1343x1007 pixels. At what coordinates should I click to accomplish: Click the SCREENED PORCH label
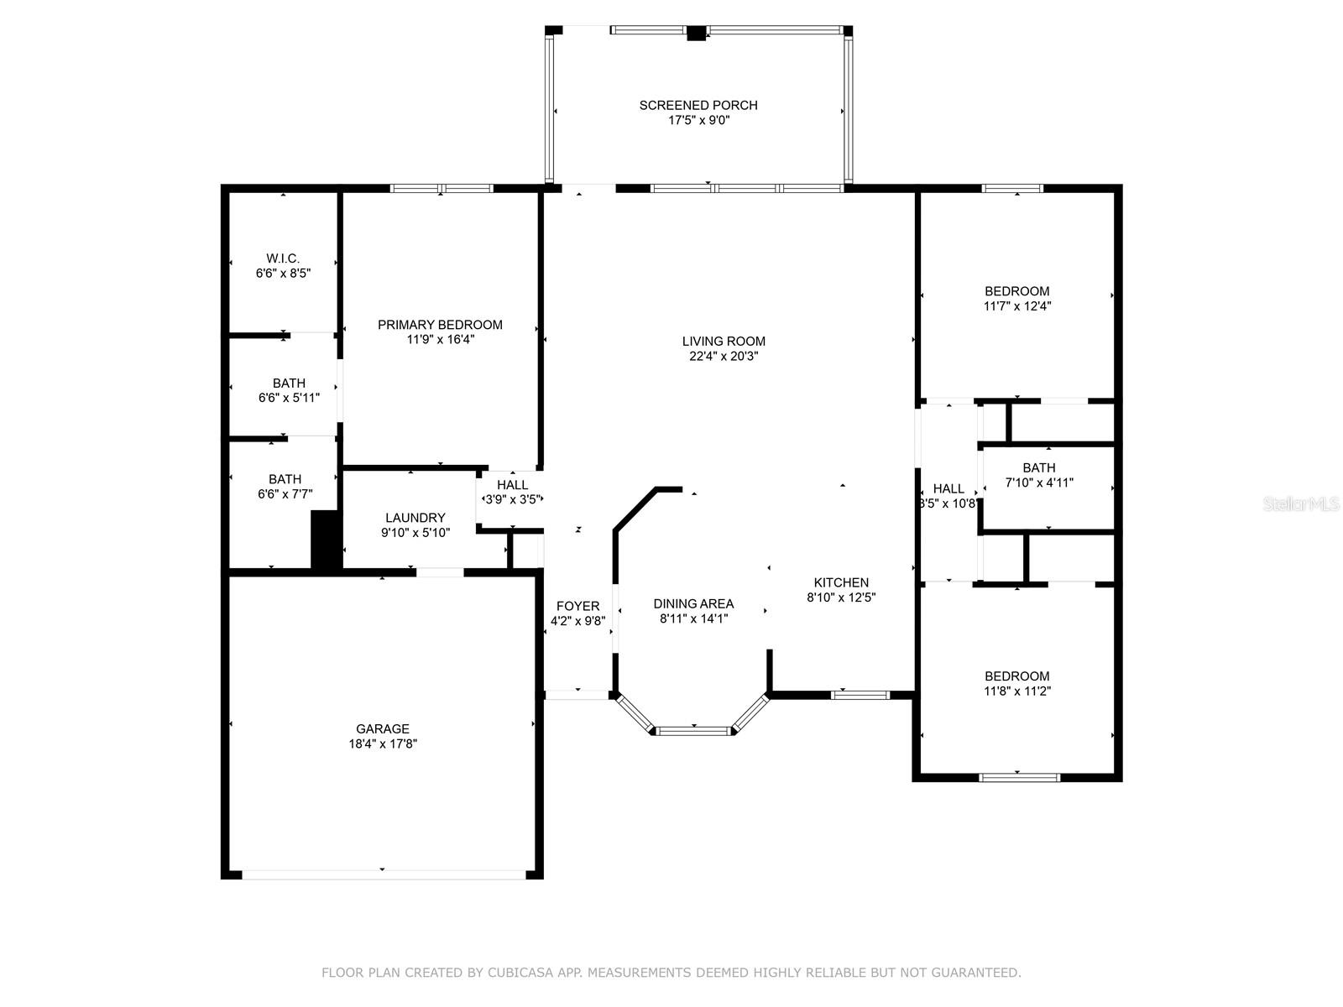pyautogui.click(x=698, y=105)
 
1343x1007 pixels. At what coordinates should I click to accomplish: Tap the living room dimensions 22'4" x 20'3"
pyautogui.click(x=724, y=356)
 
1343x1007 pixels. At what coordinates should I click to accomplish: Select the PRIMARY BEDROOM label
pyautogui.click(x=440, y=325)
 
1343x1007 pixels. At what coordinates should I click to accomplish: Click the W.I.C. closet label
pyautogui.click(x=283, y=258)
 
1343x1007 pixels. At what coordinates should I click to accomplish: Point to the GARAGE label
pyautogui.click(x=383, y=729)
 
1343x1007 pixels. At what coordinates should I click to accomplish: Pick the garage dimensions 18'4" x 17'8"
pyautogui.click(x=383, y=744)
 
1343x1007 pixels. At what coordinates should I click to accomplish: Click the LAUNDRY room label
pyautogui.click(x=415, y=518)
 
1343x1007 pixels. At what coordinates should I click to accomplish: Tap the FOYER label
pyautogui.click(x=577, y=606)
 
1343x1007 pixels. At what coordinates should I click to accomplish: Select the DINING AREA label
pyautogui.click(x=693, y=603)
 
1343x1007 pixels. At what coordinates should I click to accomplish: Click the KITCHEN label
pyautogui.click(x=841, y=582)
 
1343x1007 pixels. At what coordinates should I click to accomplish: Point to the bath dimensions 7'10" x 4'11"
pyautogui.click(x=1039, y=483)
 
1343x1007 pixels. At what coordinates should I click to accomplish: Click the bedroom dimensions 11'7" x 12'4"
pyautogui.click(x=1017, y=306)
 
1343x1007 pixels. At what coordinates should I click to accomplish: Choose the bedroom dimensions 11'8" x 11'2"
pyautogui.click(x=1017, y=691)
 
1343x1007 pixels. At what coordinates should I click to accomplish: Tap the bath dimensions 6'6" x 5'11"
pyautogui.click(x=289, y=398)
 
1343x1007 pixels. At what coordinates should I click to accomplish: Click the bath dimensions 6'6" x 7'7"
pyautogui.click(x=285, y=494)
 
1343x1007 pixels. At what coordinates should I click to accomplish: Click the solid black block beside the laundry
pyautogui.click(x=326, y=541)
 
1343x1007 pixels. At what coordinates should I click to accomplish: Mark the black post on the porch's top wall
pyautogui.click(x=697, y=34)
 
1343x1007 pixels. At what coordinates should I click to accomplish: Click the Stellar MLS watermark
pyautogui.click(x=1301, y=503)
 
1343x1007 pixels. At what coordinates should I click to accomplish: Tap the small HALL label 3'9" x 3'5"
pyautogui.click(x=512, y=485)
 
